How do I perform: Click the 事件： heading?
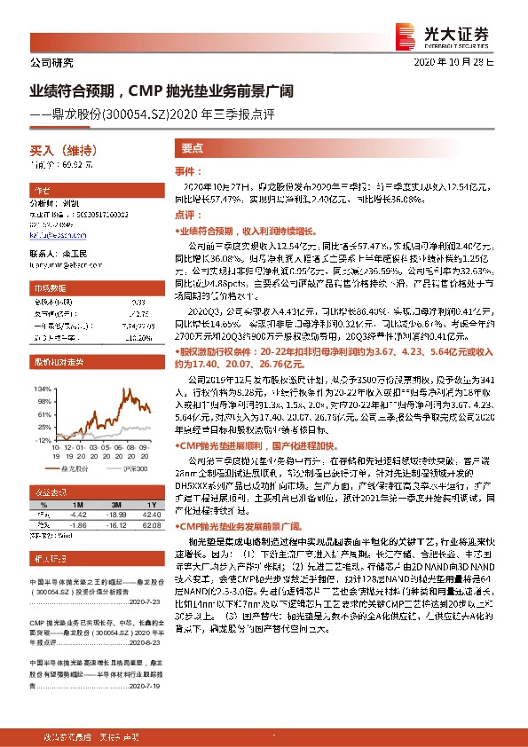[184, 170]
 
